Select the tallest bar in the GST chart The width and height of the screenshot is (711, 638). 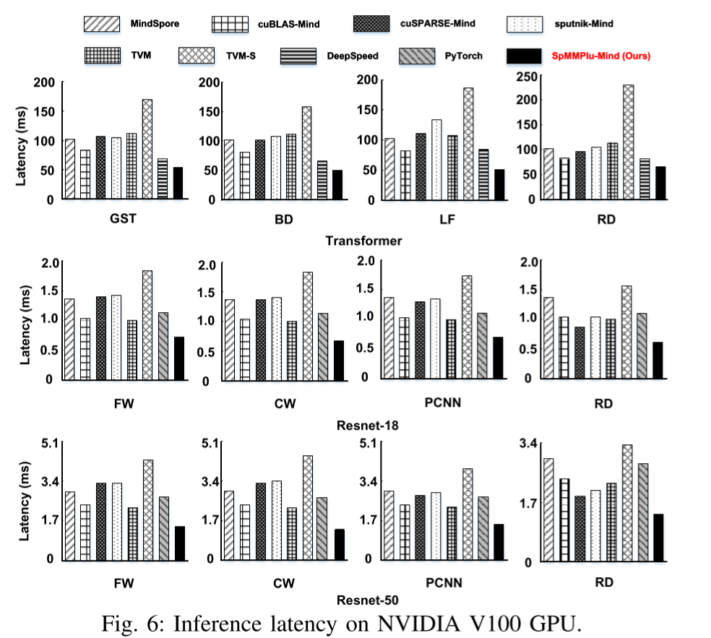147,149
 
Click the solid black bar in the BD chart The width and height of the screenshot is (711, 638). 337,184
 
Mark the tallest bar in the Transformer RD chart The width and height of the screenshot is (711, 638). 628,142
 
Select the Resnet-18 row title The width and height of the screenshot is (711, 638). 368,425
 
